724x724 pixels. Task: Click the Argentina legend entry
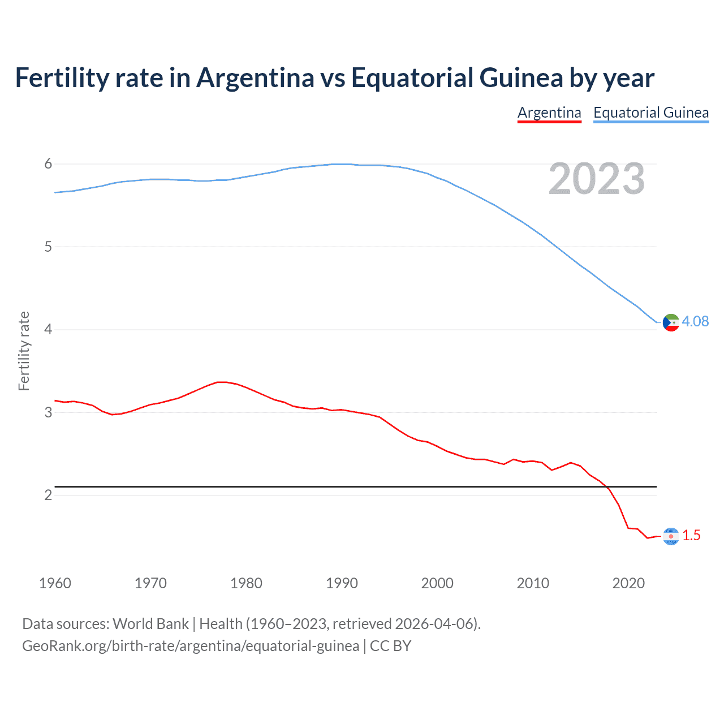pos(549,113)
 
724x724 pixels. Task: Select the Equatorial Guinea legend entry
pos(650,113)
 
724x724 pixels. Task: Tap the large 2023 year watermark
pos(596,179)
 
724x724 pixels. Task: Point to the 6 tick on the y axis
pos(48,164)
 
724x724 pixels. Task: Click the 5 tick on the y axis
pos(48,247)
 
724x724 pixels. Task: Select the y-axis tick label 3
pos(48,412)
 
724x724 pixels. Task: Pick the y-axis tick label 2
pos(48,495)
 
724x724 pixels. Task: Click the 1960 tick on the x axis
pos(55,583)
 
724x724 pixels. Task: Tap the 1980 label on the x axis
pos(246,583)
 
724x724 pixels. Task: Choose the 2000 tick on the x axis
pos(437,583)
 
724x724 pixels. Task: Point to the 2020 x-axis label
pos(628,583)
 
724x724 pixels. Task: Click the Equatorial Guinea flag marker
pos(671,322)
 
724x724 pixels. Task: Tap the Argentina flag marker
pos(671,536)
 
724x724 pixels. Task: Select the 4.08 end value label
pos(695,321)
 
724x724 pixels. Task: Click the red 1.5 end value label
pos(691,535)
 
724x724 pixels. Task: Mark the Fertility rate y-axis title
pos(24,351)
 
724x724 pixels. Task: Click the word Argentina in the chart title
pos(255,77)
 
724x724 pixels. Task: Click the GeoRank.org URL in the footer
pos(191,646)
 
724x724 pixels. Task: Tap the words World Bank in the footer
pos(150,624)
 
